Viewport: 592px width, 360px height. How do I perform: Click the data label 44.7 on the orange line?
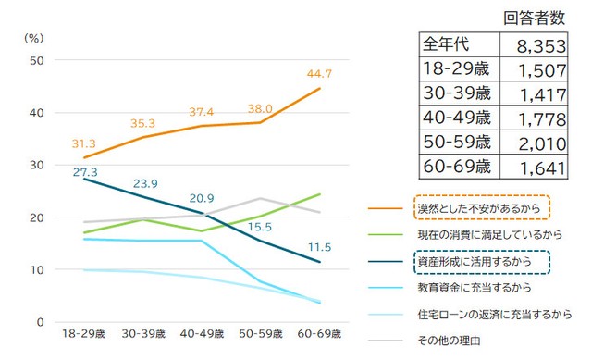[318, 73]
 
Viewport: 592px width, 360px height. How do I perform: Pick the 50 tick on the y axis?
[36, 60]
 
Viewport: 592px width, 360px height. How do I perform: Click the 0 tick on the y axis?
[39, 322]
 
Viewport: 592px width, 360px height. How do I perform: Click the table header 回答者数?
[534, 18]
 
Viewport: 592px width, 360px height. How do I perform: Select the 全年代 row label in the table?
[448, 45]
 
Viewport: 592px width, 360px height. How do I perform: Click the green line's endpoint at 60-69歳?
[319, 194]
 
